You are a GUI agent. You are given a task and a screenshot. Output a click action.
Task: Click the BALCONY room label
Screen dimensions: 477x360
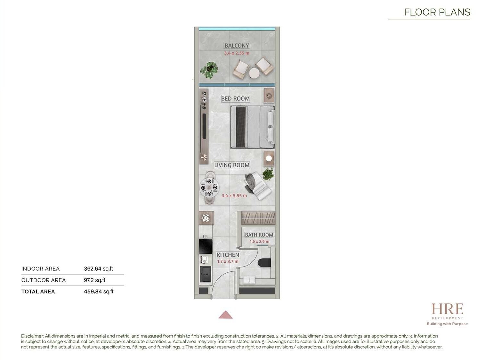tap(237, 45)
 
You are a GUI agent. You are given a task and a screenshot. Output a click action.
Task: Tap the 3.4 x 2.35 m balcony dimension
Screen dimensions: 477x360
tap(237, 53)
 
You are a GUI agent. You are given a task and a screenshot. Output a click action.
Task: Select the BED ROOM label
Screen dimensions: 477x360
tap(235, 99)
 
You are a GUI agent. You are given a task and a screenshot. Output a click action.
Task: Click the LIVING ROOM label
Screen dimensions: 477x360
tap(232, 165)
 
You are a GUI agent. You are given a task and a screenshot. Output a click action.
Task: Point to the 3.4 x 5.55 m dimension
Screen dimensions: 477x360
tap(234, 196)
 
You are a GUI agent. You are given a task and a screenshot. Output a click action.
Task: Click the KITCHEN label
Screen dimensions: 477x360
tap(228, 255)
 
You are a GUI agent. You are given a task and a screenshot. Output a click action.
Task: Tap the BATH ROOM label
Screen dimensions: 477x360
tap(259, 235)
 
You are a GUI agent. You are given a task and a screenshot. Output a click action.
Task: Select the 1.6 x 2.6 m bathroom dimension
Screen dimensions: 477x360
tap(259, 242)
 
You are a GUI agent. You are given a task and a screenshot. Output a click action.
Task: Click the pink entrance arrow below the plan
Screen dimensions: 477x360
tap(225, 315)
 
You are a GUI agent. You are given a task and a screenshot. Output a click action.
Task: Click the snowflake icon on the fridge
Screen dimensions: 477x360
tap(205, 218)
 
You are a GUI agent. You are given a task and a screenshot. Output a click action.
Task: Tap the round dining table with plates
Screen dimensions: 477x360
tap(209, 188)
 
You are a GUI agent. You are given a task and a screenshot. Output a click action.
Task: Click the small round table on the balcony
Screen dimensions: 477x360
tap(254, 73)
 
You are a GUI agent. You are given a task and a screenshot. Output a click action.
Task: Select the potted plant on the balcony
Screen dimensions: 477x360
tap(209, 70)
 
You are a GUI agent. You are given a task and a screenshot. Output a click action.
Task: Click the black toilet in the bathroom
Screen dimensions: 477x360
tap(264, 263)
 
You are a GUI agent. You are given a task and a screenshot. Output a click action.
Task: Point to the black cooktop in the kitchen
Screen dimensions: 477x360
tap(205, 246)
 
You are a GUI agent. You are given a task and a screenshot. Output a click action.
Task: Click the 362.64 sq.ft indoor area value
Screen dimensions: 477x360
tap(99, 269)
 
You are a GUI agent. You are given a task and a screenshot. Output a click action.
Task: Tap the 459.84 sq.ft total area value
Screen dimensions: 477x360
tap(99, 292)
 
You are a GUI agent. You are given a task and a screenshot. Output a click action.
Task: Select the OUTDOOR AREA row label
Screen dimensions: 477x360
tap(44, 280)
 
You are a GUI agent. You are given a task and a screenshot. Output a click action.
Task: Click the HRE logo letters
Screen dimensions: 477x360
tap(447, 309)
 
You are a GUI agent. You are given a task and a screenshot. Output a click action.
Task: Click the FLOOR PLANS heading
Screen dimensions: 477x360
tap(437, 12)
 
